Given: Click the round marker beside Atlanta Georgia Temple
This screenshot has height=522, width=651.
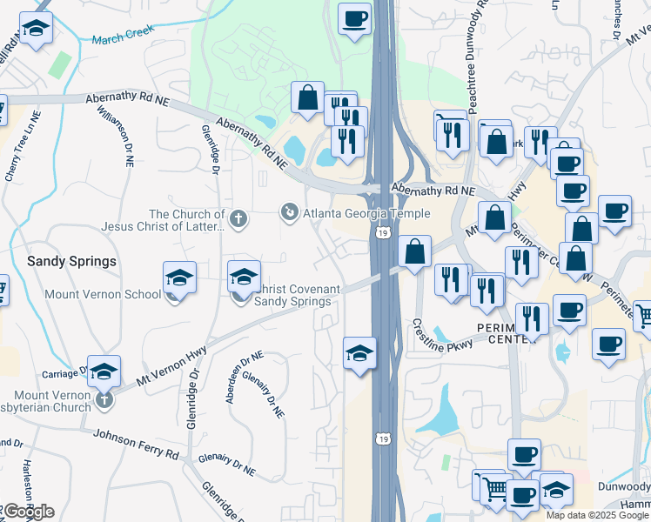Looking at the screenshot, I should click(288, 211).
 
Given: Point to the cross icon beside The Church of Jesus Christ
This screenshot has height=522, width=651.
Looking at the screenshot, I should click(238, 217).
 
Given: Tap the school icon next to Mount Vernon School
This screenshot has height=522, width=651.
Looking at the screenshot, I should click(179, 278).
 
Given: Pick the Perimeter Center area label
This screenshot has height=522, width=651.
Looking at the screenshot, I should click(507, 332).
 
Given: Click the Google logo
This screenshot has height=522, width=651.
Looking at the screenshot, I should click(29, 512).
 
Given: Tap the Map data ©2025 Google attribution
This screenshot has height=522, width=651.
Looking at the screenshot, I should click(597, 515).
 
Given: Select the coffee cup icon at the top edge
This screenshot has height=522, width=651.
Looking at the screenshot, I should click(355, 19).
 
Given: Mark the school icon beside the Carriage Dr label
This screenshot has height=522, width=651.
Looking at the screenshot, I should click(104, 371).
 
